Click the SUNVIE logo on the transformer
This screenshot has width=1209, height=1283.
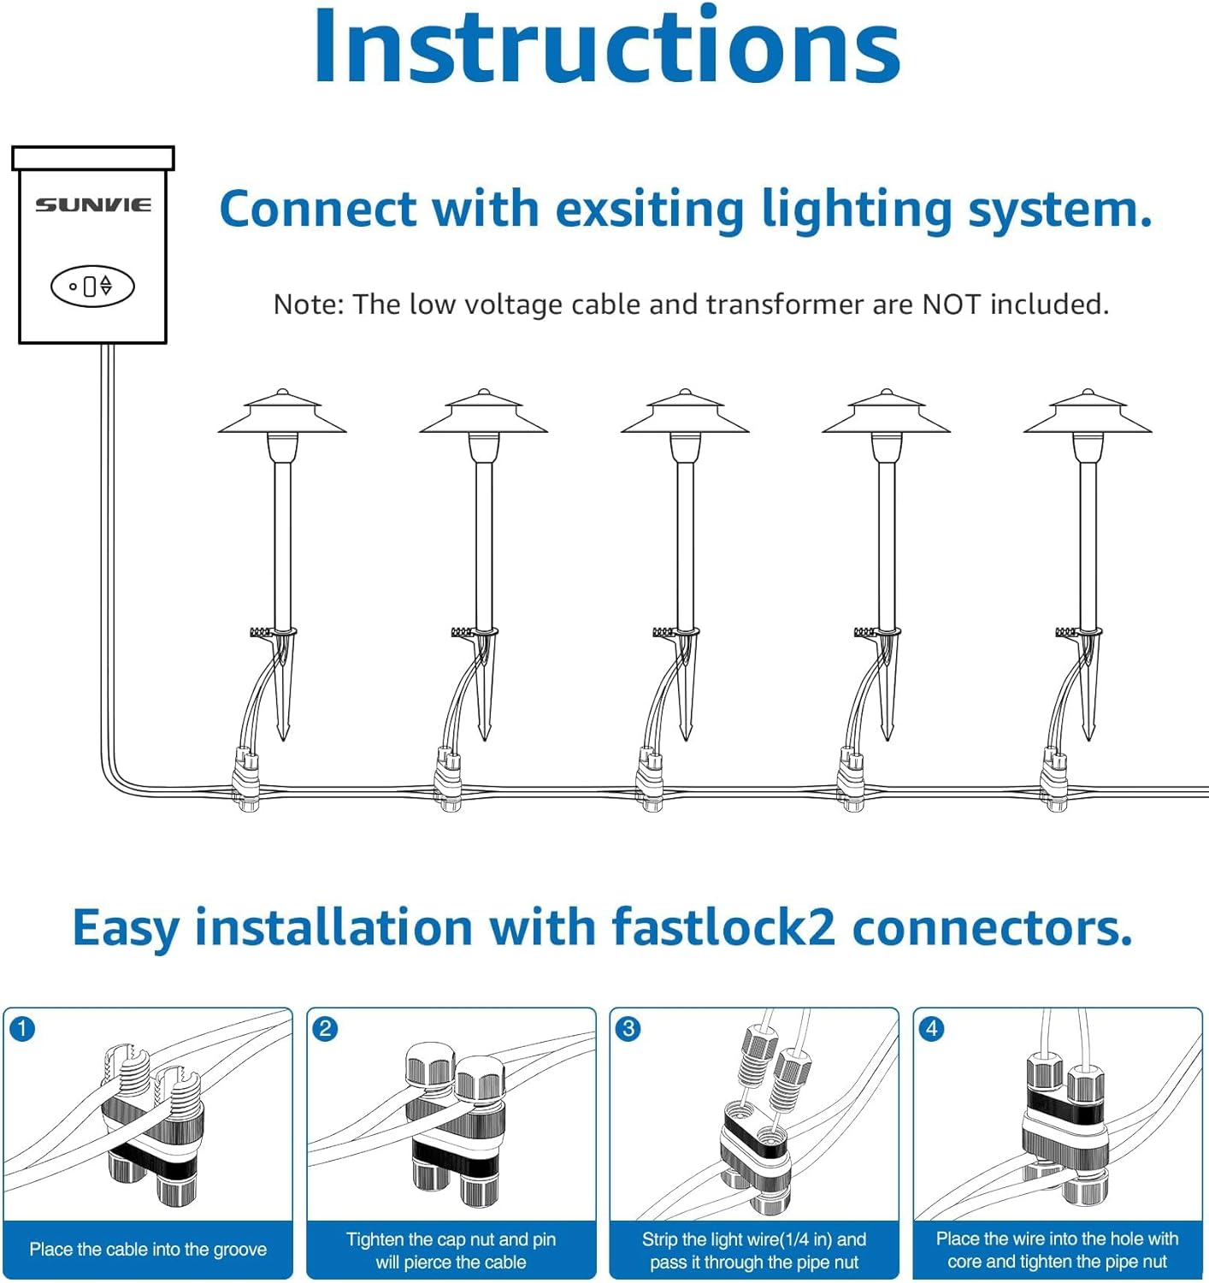click(92, 204)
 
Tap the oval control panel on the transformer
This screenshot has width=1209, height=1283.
click(92, 286)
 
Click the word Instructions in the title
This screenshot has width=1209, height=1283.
click(606, 47)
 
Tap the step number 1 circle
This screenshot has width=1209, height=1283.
click(22, 1028)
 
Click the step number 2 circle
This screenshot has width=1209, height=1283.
click(325, 1028)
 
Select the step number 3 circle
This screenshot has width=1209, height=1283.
click(628, 1028)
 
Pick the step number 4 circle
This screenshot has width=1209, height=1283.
click(932, 1028)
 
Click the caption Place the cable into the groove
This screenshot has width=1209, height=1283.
click(148, 1250)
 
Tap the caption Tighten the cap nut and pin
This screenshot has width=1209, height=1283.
click(451, 1239)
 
